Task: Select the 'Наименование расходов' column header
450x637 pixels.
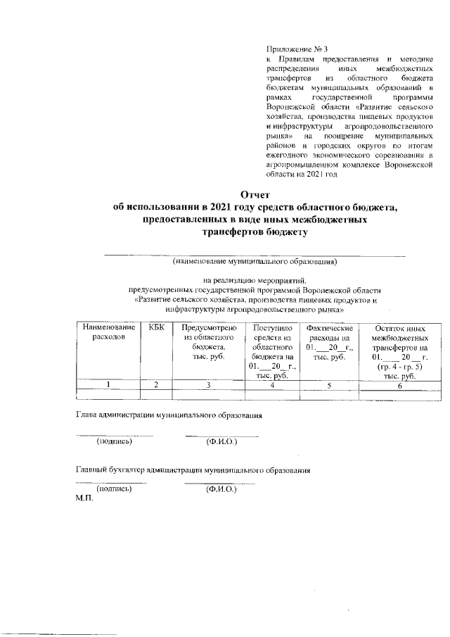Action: pyautogui.click(x=108, y=332)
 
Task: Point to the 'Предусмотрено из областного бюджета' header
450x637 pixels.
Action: pyautogui.click(x=207, y=342)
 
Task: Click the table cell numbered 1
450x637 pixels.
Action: pyautogui.click(x=108, y=385)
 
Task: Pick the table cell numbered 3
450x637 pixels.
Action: pyautogui.click(x=208, y=385)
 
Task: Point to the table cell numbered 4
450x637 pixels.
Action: pyautogui.click(x=271, y=385)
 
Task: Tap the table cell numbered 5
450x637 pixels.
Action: pyautogui.click(x=329, y=385)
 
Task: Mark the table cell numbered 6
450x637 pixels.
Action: pyautogui.click(x=399, y=386)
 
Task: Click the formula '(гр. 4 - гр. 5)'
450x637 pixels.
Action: pyautogui.click(x=399, y=367)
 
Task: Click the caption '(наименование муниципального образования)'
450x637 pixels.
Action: pyautogui.click(x=255, y=262)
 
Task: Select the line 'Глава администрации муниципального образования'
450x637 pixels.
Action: pyautogui.click(x=169, y=415)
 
